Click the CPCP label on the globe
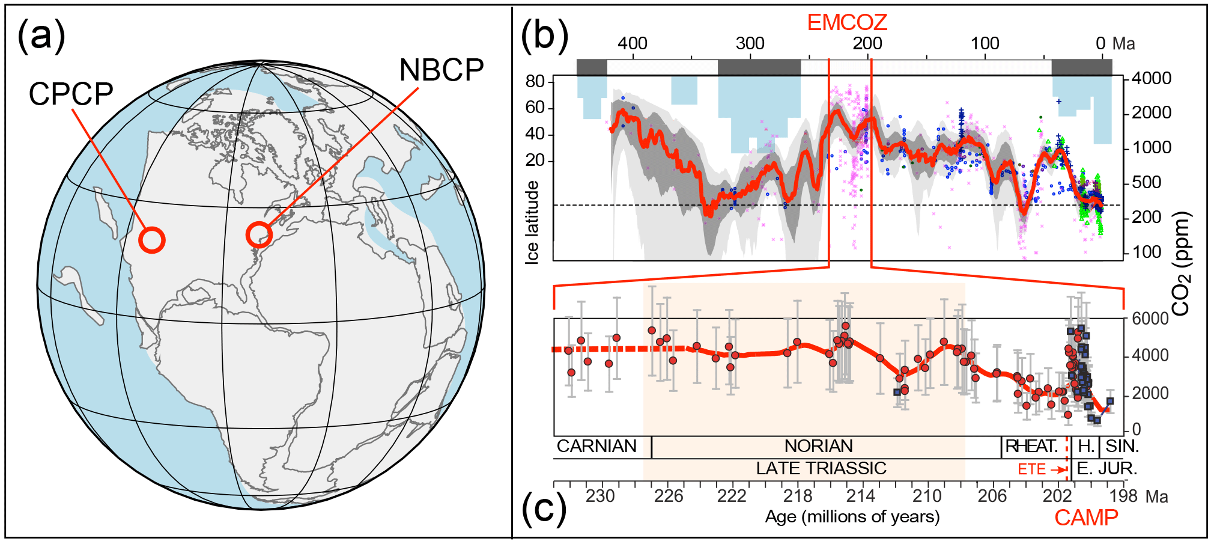click(71, 94)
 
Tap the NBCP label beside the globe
click(442, 70)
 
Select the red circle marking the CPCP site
click(152, 240)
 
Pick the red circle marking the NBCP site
click(259, 234)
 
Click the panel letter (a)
click(41, 35)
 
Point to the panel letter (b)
click(544, 35)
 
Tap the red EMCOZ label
click(846, 22)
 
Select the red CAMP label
click(1086, 518)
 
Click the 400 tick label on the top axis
click(633, 43)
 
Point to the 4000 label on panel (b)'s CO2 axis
click(1152, 78)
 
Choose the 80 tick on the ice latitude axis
click(535, 81)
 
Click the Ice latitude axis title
click(532, 222)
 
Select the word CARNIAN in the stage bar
click(596, 446)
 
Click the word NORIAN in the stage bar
click(818, 446)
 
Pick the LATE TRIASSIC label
click(821, 468)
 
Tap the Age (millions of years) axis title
click(852, 516)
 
